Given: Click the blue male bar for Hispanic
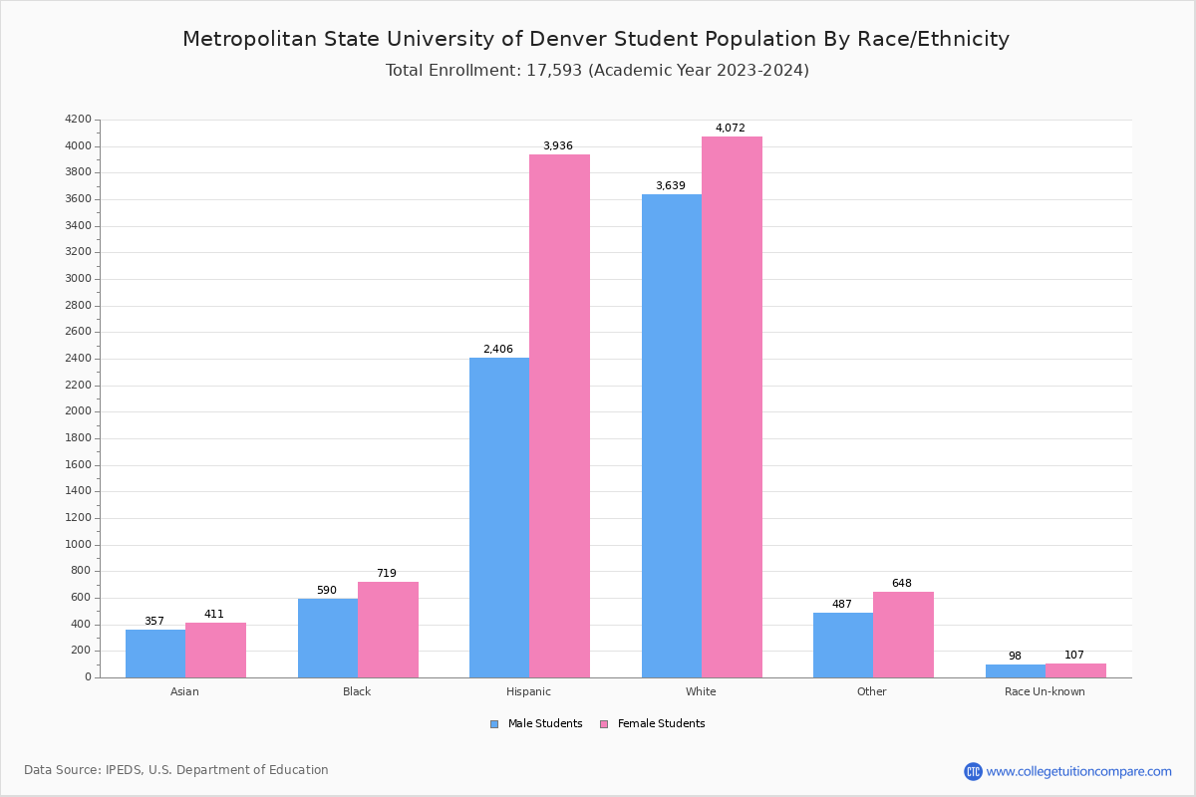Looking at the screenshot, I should [499, 517].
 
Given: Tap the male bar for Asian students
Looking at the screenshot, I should [155, 654].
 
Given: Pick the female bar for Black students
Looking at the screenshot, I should [388, 630].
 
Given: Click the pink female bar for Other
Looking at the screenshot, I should [903, 635].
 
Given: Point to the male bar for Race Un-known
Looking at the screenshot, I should [1015, 670].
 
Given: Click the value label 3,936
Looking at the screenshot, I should [557, 146].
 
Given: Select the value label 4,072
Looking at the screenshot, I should [730, 129].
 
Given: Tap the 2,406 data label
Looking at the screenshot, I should [497, 350].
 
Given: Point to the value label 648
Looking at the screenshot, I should [901, 584].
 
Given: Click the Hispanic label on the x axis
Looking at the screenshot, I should [528, 692].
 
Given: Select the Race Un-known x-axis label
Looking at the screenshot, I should [1045, 692].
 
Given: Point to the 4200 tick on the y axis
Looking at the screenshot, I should [79, 120].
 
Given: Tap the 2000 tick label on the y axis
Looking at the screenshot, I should [79, 411].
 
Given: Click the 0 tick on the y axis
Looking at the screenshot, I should [88, 677].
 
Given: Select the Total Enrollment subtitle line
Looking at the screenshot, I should [597, 71].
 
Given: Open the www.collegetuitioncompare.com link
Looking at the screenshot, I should [1078, 771].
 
